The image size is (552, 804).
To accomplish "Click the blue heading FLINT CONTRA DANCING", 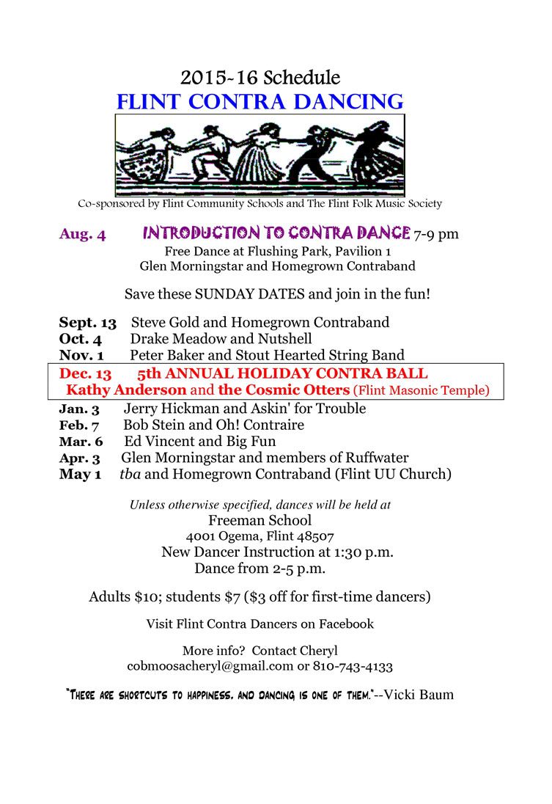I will coord(260,101).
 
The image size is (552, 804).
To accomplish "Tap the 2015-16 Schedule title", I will coord(260,77).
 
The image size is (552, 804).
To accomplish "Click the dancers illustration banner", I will coord(260,155).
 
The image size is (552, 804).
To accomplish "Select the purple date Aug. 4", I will coord(83,235).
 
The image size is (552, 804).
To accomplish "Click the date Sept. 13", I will coord(87,322).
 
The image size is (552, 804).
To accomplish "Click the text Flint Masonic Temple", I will coord(421,391).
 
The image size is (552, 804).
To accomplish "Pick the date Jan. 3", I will coord(79,409).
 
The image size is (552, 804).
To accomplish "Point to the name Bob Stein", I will coord(152,425).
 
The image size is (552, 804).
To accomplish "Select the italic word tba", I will coord(130,475).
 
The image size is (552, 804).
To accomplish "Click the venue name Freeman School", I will coord(260,521).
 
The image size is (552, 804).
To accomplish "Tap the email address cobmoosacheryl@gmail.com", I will coord(210,667).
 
